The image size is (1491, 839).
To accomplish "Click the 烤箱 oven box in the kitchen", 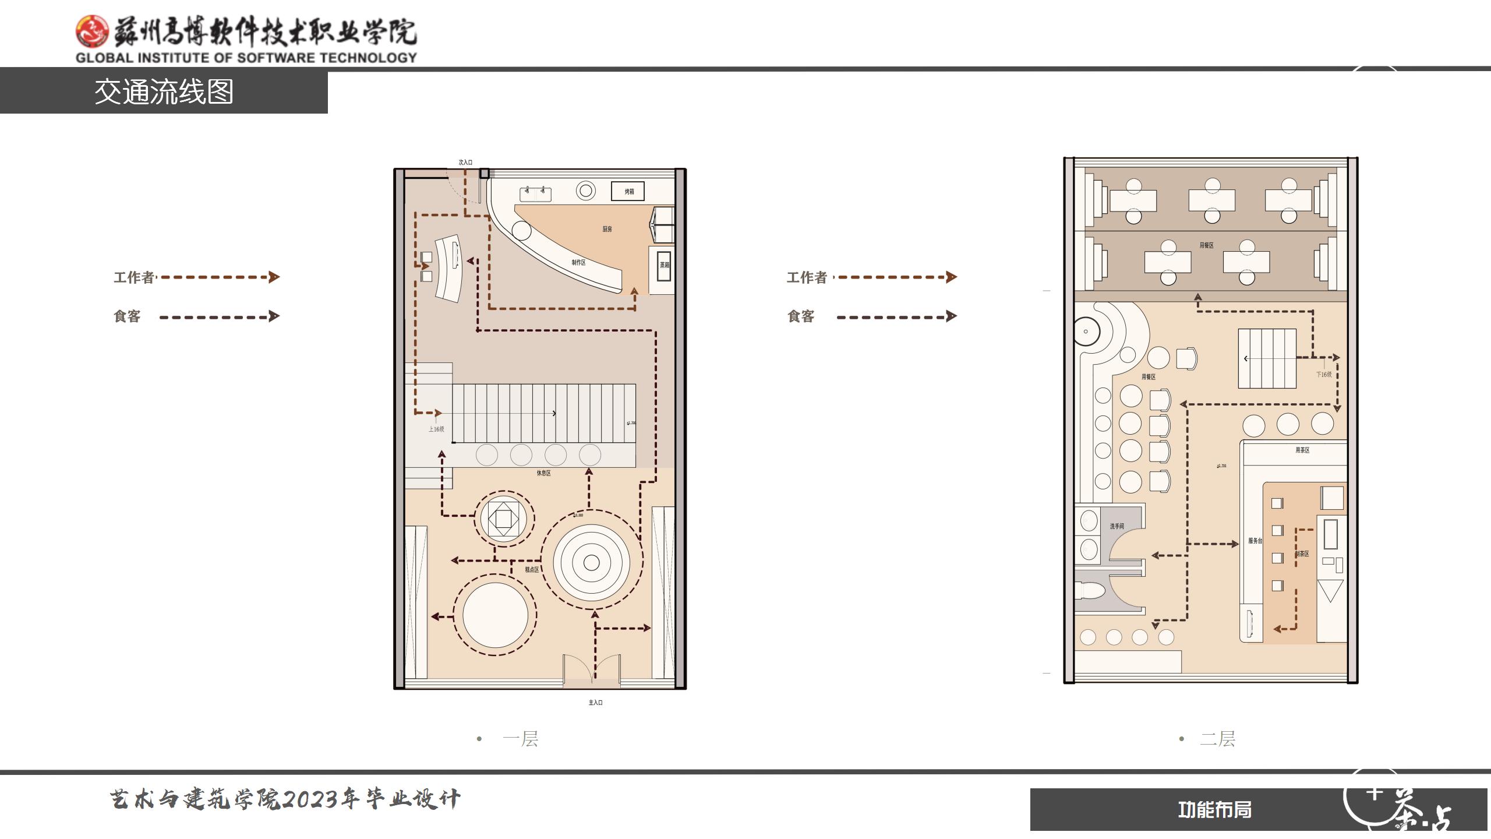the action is coord(628,191).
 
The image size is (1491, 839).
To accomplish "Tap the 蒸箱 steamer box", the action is coord(664,265).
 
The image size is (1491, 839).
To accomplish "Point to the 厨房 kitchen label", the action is coord(607,229).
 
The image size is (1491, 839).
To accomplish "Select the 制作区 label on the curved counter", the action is coord(578,263).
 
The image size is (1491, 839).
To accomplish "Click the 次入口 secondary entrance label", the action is coord(465,163).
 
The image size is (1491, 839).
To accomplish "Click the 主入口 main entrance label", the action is coord(595,703).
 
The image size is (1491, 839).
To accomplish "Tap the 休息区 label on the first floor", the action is coord(543,473).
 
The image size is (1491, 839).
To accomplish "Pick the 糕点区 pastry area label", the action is coord(532,569).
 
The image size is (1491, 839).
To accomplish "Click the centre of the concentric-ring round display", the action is coord(591,562).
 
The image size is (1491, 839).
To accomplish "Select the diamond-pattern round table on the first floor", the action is coord(503,518).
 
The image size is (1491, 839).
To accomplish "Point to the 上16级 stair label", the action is coord(436,429).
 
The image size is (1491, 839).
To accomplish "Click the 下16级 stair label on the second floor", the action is coord(1324,375).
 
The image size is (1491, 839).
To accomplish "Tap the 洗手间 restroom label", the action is coord(1117,526).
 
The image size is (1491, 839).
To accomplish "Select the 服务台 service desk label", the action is coord(1255,541).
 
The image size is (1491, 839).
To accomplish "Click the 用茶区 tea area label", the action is coord(1302,450).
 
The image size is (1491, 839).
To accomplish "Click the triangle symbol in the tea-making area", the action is coord(1330,591).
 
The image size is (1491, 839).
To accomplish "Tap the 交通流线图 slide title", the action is coord(164,92).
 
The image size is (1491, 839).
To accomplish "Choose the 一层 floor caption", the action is coord(520,739).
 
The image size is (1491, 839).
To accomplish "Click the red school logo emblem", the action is coord(92,31).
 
